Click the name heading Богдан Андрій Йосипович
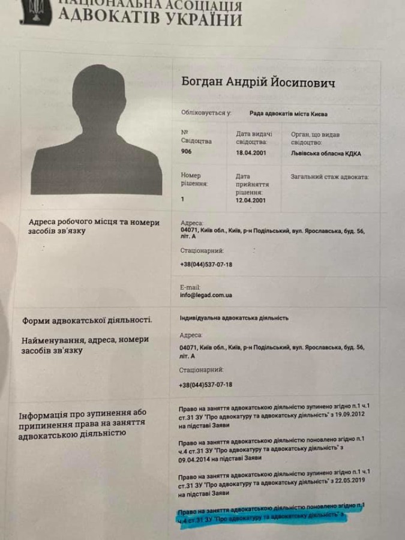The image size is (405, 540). [258, 83]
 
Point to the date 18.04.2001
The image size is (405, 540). [253, 153]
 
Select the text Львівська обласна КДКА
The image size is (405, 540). [326, 154]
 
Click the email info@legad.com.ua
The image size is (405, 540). [206, 295]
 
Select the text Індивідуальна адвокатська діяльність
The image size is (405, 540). [234, 317]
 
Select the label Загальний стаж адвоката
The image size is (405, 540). [329, 177]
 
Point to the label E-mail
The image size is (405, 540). [191, 286]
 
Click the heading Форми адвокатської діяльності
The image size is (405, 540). [88, 320]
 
